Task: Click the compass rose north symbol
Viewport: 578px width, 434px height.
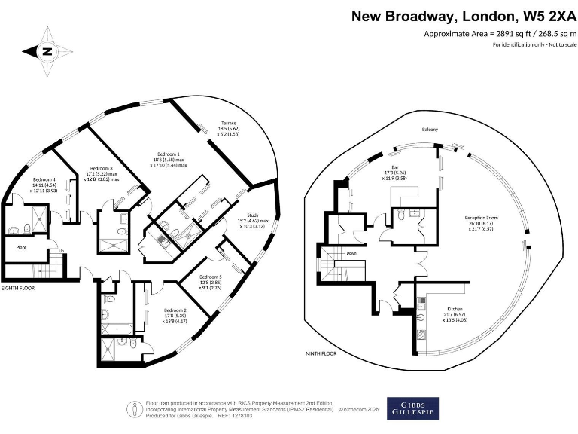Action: pos(47,51)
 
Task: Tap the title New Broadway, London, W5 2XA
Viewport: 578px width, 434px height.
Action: pos(464,16)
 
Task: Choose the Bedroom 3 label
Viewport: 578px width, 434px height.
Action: pos(102,168)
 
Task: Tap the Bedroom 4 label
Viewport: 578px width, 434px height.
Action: pos(44,179)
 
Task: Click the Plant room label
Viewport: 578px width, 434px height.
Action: pos(22,246)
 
